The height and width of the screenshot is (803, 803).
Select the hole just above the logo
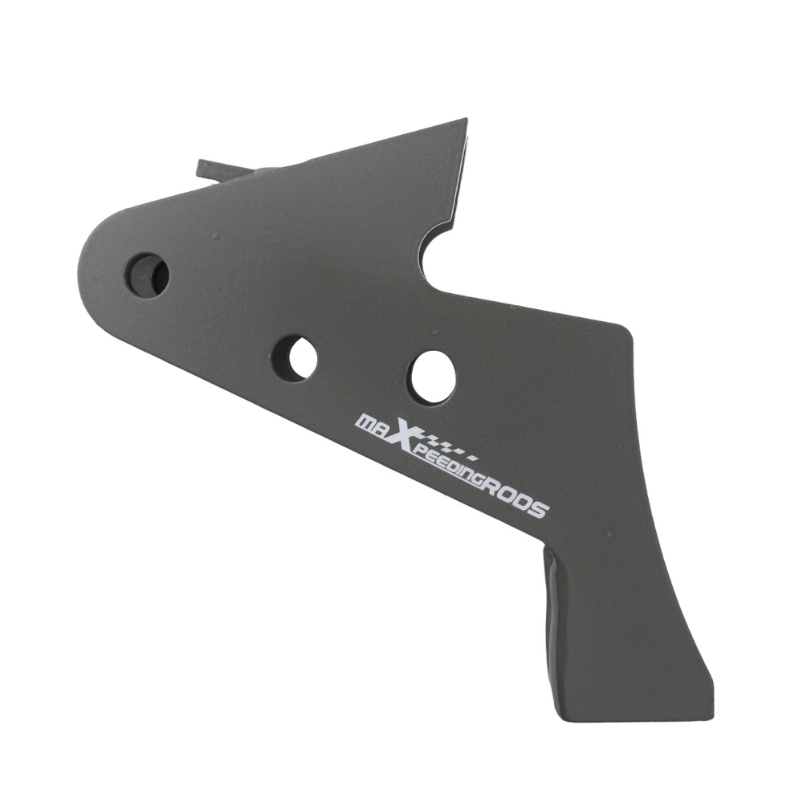(x=434, y=377)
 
